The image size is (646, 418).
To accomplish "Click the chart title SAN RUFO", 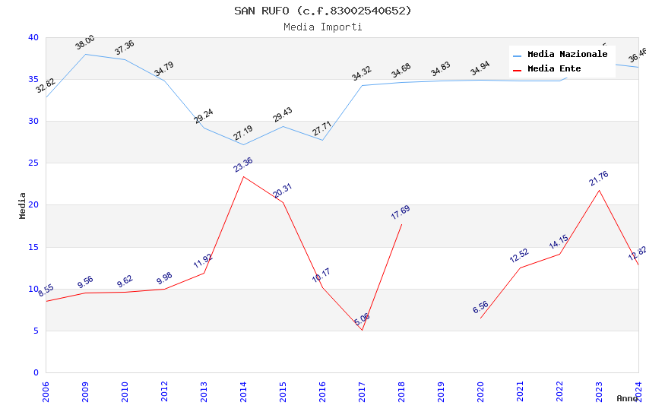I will coord(322,11).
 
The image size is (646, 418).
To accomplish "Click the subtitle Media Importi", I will coord(322,27).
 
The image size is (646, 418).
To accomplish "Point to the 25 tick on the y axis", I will coord(33,163).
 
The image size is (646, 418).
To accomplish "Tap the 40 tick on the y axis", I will coord(33,37).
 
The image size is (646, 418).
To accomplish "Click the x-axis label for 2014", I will coord(243,389).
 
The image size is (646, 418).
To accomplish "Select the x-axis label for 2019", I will coord(441,389).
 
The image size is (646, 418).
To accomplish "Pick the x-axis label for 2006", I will coord(46,389).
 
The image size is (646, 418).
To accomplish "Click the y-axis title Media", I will coord(23,205).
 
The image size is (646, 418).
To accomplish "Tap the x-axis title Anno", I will coord(627,398).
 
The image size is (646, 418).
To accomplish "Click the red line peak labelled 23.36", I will coord(243,176).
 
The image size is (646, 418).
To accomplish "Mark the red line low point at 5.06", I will coord(362,330).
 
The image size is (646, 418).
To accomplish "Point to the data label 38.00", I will coord(85,43).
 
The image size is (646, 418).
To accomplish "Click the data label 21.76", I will coord(599,179).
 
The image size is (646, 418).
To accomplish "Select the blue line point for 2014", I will coord(243,144).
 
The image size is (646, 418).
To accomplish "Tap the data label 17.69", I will coord(401,213).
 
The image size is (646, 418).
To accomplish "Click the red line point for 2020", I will coord(480,318).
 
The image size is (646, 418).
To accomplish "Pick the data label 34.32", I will coord(362,74).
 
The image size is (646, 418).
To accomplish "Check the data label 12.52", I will coord(519,256).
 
